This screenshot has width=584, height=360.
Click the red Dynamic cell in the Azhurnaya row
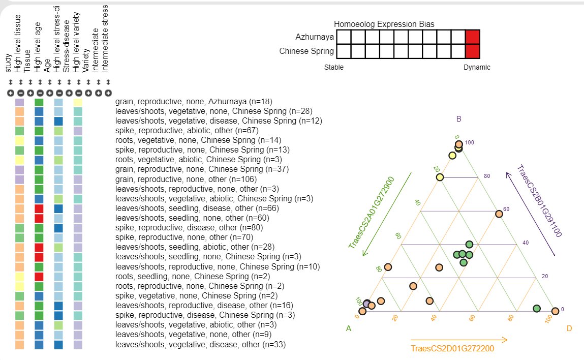(473, 37)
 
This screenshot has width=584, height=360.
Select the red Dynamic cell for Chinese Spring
(473, 51)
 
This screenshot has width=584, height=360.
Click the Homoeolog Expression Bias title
(384, 24)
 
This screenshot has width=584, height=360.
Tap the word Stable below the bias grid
(334, 67)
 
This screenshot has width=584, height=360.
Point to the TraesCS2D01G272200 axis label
(452, 348)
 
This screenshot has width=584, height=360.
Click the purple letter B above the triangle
(458, 119)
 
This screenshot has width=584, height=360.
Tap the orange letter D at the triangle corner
(569, 328)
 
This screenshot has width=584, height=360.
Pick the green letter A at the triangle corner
(349, 328)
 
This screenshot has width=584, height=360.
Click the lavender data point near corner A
(367, 304)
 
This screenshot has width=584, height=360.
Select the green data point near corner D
(537, 309)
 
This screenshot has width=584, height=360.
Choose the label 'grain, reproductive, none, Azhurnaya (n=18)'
(194, 102)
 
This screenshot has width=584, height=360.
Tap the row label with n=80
(189, 227)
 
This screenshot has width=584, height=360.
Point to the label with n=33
(200, 345)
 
